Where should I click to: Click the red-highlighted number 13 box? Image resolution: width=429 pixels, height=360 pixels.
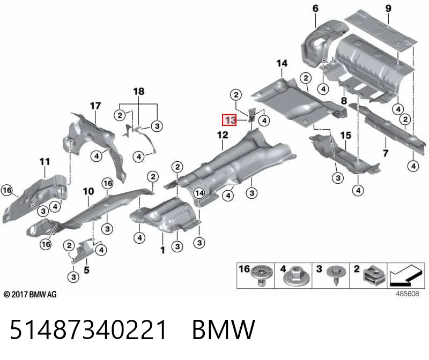coord(230,119)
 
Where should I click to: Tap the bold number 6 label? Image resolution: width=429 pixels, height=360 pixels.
coord(315,9)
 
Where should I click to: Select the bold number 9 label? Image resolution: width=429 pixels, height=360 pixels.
coord(388,9)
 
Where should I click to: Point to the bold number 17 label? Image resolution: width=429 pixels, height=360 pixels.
coord(95,106)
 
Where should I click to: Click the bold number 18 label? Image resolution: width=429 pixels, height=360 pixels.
coord(139,91)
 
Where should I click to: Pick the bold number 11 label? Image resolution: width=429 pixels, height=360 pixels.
coord(45,162)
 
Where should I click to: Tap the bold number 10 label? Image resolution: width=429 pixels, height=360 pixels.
coord(88,191)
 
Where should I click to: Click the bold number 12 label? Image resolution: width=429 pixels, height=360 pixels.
coord(223,135)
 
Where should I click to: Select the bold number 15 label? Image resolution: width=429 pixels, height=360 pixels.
coord(345,136)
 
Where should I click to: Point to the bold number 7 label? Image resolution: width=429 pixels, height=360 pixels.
coord(386,153)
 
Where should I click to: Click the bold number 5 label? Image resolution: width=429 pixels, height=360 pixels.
coord(86,270)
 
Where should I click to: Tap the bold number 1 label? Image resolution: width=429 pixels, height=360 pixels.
coord(163,250)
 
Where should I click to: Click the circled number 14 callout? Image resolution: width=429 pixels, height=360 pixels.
coord(199,193)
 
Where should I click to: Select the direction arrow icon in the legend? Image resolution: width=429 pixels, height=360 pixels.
coord(406,275)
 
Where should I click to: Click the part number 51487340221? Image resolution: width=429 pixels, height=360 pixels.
coord(88,329)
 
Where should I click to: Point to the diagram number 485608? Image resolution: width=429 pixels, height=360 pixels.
coord(408,294)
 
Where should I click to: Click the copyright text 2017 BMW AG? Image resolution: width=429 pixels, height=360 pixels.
coord(30,295)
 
